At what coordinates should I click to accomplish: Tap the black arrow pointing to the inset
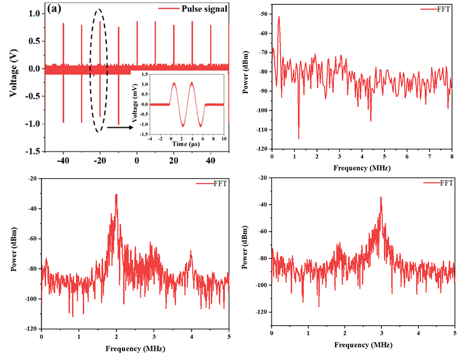click(x=120, y=127)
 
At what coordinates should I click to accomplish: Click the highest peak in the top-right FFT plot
click(x=279, y=17)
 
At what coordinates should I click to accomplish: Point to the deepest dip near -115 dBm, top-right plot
click(x=298, y=139)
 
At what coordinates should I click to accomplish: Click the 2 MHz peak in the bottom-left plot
click(x=116, y=194)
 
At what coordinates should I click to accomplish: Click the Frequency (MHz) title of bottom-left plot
click(x=136, y=348)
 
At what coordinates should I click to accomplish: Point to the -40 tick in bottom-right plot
click(x=262, y=205)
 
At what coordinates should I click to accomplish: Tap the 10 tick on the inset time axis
click(x=223, y=139)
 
